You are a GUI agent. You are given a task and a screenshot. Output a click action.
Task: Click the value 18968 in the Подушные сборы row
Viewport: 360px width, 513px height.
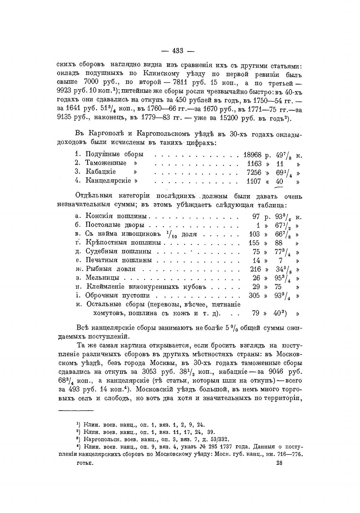[x=252, y=155]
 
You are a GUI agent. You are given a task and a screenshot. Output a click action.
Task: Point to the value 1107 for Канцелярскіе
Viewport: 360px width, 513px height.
[x=254, y=181]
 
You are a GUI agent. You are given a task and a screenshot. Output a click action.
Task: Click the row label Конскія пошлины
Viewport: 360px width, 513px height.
[x=116, y=217]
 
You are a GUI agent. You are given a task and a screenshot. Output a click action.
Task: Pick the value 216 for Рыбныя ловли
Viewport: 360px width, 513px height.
[x=255, y=269]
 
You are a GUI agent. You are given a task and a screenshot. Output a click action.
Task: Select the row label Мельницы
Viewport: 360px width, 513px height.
[x=102, y=278]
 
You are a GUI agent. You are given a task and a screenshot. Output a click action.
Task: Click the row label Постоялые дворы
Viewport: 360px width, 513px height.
[x=115, y=225]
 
